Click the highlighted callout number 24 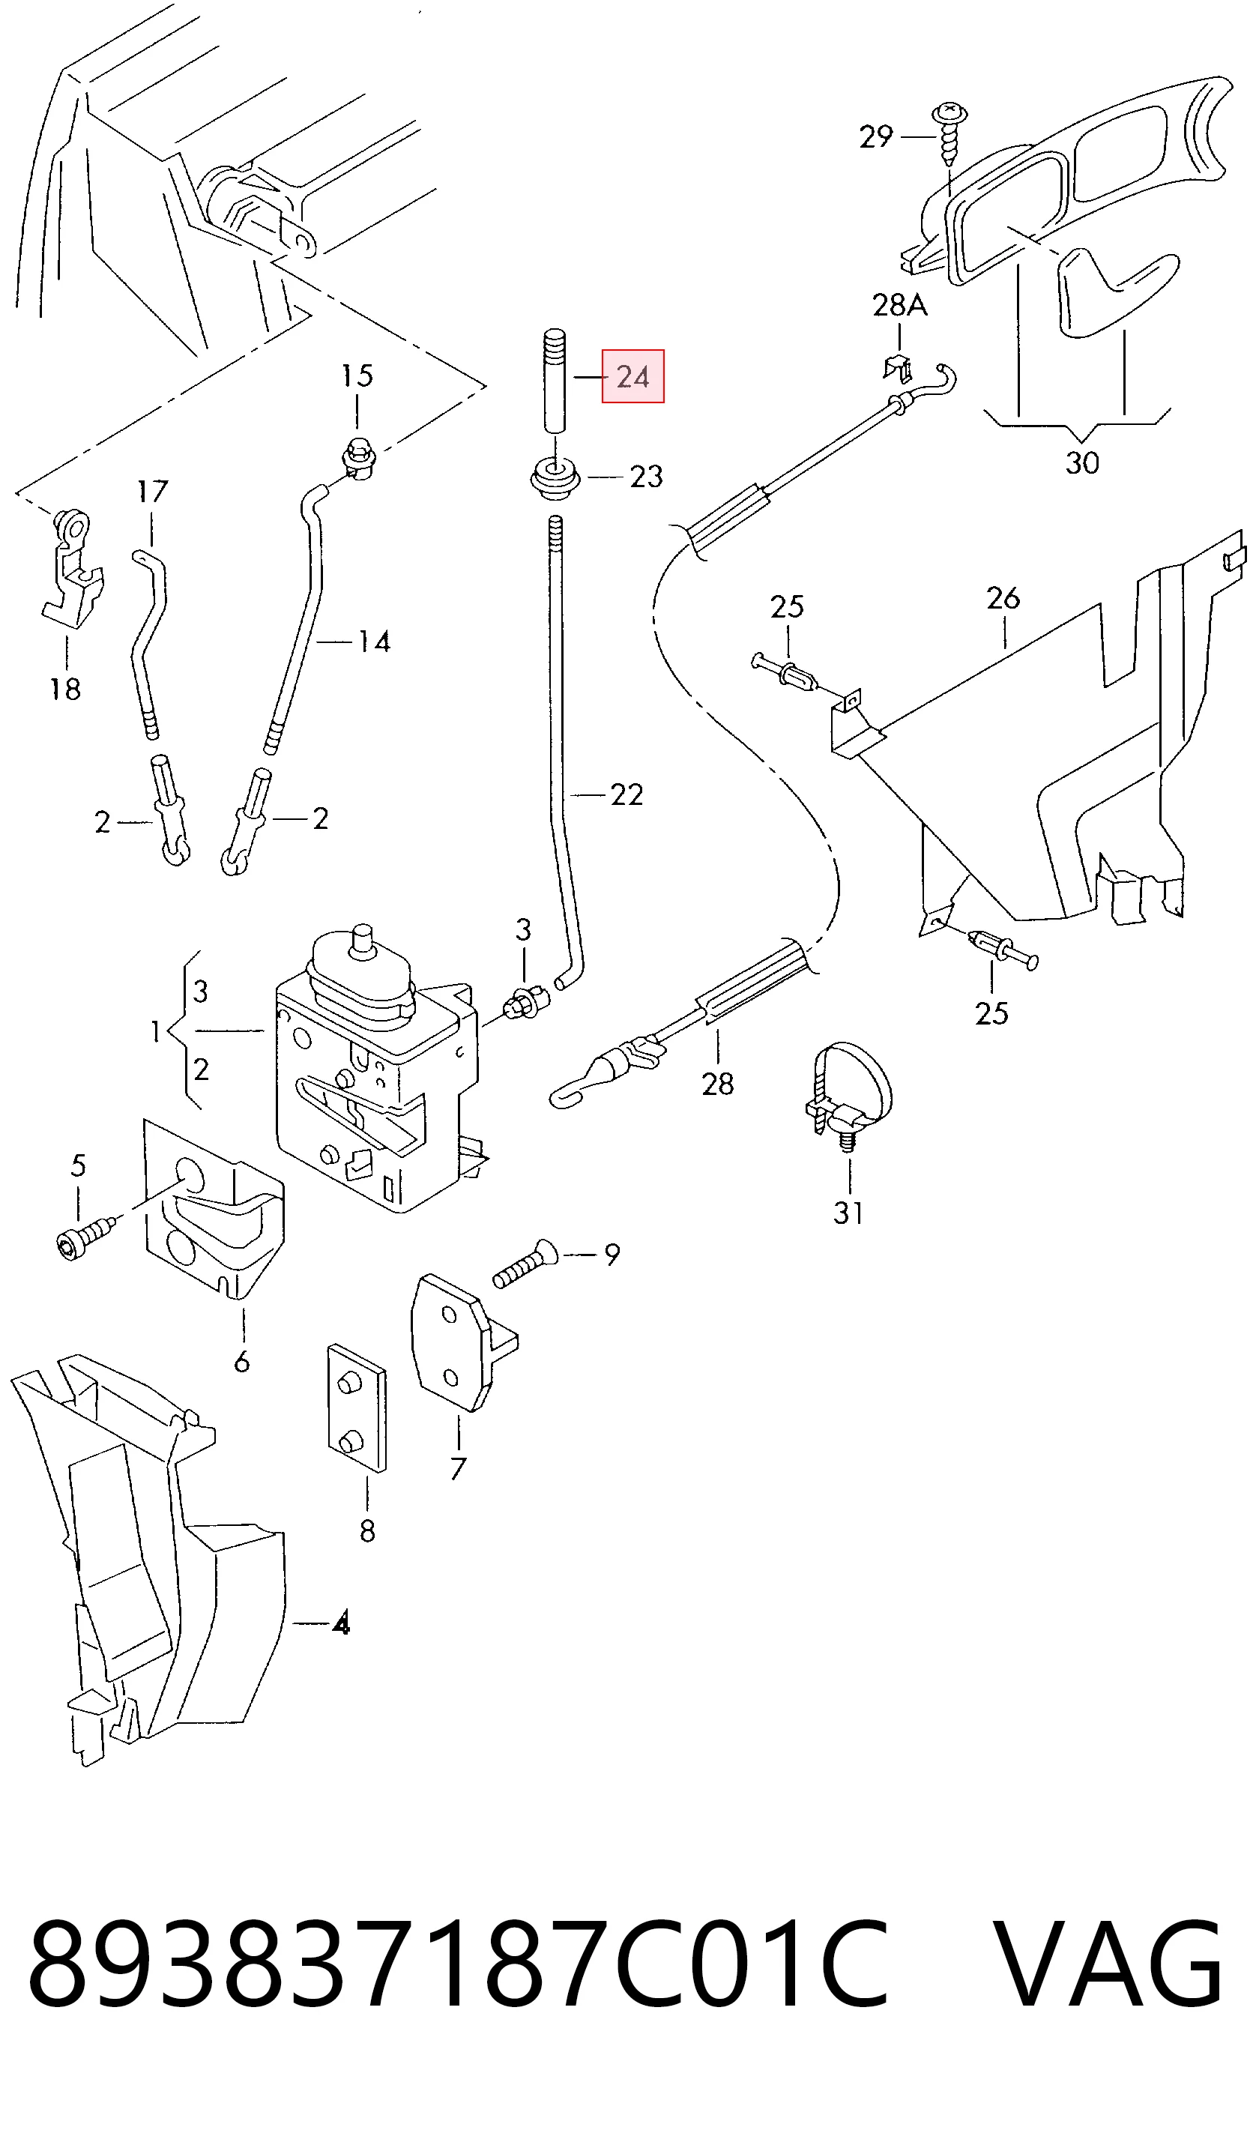point(632,377)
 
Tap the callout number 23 point(646,477)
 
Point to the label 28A point(900,304)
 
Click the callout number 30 point(1082,463)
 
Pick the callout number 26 point(1003,598)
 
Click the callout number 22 point(626,794)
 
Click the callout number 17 point(152,491)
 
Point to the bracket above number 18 point(72,567)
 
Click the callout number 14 point(374,642)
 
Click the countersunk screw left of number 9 point(525,1264)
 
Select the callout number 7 point(458,1468)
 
